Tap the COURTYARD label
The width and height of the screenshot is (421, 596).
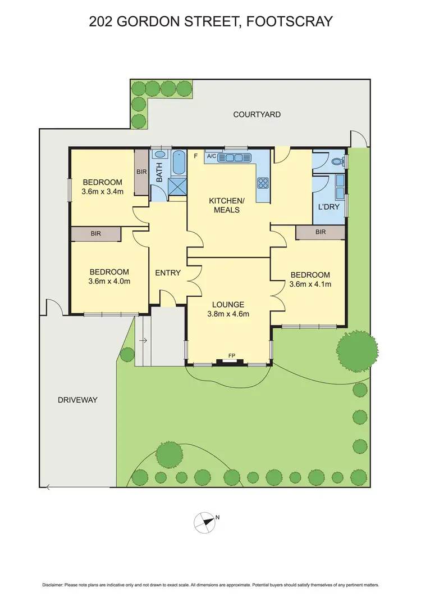(x=257, y=115)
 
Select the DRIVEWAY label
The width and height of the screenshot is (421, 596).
(x=77, y=400)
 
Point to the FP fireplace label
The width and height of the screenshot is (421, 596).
(x=231, y=356)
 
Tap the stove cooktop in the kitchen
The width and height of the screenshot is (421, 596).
(x=263, y=182)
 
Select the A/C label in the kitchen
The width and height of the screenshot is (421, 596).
(x=212, y=156)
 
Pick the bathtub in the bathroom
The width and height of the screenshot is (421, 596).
(x=180, y=162)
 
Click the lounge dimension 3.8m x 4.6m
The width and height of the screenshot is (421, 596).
(x=228, y=314)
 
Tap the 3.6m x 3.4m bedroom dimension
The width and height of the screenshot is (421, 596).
(x=103, y=192)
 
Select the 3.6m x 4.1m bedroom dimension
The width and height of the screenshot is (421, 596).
(x=310, y=284)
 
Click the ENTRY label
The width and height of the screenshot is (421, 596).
(x=168, y=273)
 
